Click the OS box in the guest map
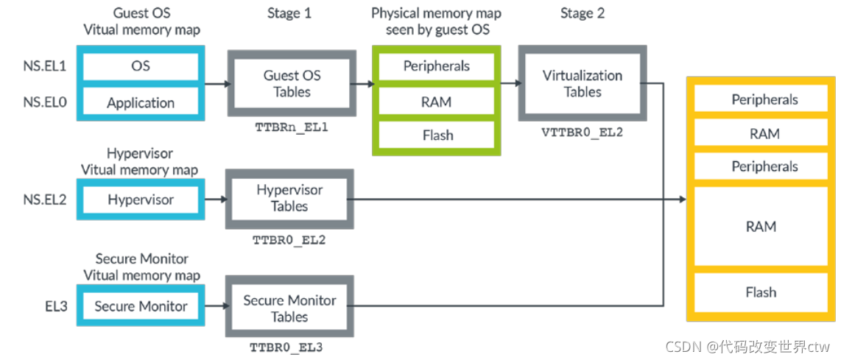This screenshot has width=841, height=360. click(x=141, y=66)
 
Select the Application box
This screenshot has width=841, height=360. click(x=141, y=102)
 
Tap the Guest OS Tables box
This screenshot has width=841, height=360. click(x=292, y=84)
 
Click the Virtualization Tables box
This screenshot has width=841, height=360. click(x=583, y=84)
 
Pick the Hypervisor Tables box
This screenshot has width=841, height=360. click(x=289, y=199)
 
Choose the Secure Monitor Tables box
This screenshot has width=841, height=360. click(x=289, y=308)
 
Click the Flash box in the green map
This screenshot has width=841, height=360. click(x=437, y=135)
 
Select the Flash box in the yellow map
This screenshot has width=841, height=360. click(x=761, y=292)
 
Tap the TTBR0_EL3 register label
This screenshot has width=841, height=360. click(x=287, y=347)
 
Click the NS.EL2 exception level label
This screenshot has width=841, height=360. click(x=46, y=200)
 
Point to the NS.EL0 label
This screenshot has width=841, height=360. click(x=46, y=103)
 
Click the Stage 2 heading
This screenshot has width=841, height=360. click(x=582, y=13)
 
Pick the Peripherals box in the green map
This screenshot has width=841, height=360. click(x=437, y=66)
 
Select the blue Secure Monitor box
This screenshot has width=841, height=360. click(x=141, y=306)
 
